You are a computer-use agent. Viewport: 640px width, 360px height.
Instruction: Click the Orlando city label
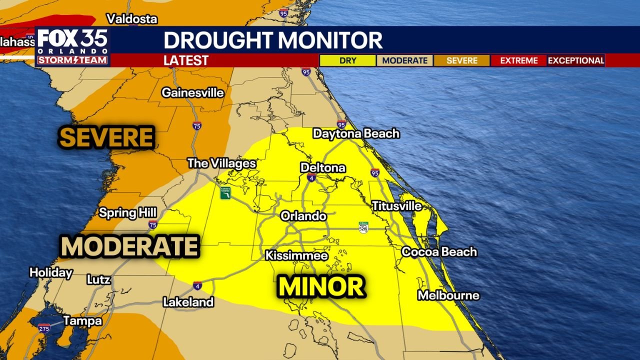303,216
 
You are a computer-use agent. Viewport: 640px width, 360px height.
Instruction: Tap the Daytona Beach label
356,133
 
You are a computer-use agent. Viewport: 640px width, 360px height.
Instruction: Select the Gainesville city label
192,92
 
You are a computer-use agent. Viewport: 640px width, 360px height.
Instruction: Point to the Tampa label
82,320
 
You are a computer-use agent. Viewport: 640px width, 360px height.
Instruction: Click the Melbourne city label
448,295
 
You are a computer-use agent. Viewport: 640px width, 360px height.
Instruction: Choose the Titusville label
396,205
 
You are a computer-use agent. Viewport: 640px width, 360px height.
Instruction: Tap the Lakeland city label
188,302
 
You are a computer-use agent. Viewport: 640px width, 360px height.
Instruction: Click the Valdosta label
132,19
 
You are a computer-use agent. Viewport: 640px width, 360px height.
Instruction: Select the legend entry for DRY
347,60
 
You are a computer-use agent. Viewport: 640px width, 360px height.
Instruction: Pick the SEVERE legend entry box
461,60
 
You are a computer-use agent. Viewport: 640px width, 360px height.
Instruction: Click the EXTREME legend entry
518,60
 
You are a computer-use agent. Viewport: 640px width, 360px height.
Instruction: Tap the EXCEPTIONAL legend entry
576,60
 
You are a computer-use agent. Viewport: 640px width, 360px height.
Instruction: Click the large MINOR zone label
321,287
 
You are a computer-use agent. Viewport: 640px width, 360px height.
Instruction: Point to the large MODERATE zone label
129,246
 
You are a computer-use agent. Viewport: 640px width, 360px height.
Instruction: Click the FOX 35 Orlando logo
72,46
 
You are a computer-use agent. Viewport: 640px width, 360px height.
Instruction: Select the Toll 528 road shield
363,227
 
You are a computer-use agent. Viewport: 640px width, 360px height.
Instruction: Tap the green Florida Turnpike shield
225,192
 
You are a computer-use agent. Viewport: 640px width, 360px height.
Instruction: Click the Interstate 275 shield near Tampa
44,328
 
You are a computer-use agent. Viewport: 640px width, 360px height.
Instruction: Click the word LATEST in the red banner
186,60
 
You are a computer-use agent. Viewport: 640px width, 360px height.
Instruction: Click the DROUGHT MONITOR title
273,40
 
